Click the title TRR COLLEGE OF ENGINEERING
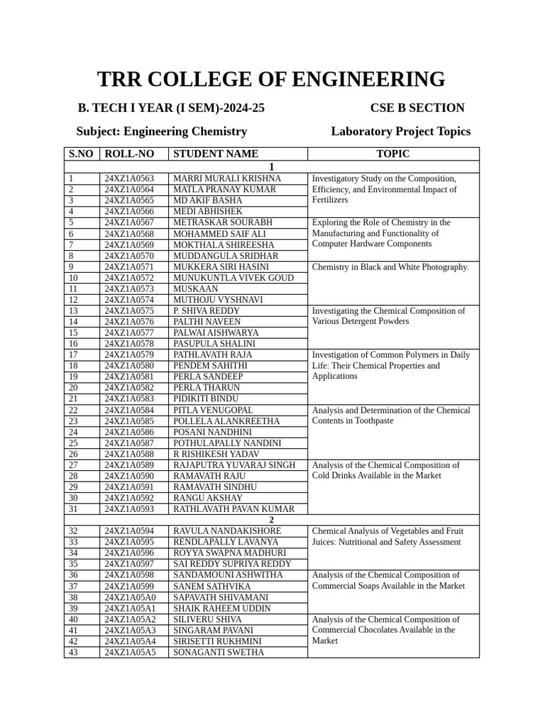[271, 79]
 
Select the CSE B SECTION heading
[417, 108]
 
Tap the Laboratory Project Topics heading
[400, 132]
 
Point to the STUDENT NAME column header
[216, 154]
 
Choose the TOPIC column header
[393, 154]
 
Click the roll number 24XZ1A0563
[134, 178]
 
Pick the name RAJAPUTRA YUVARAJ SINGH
[234, 465]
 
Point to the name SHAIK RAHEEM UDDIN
[222, 609]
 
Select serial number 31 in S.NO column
[74, 509]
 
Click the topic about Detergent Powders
[388, 316]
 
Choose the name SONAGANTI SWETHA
[218, 653]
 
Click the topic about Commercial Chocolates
[385, 630]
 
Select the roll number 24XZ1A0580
[134, 366]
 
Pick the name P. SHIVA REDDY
[206, 310]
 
